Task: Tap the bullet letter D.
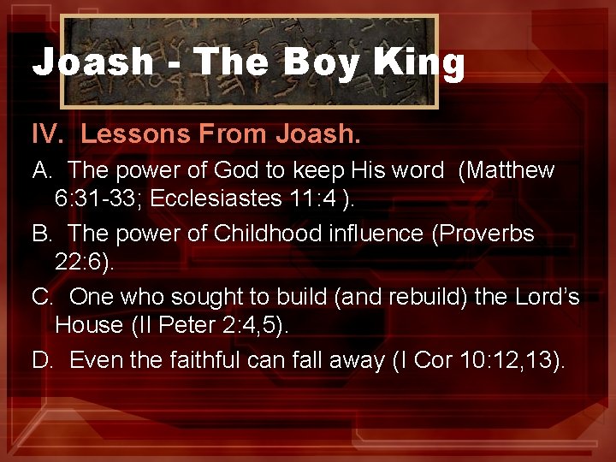click(42, 360)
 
